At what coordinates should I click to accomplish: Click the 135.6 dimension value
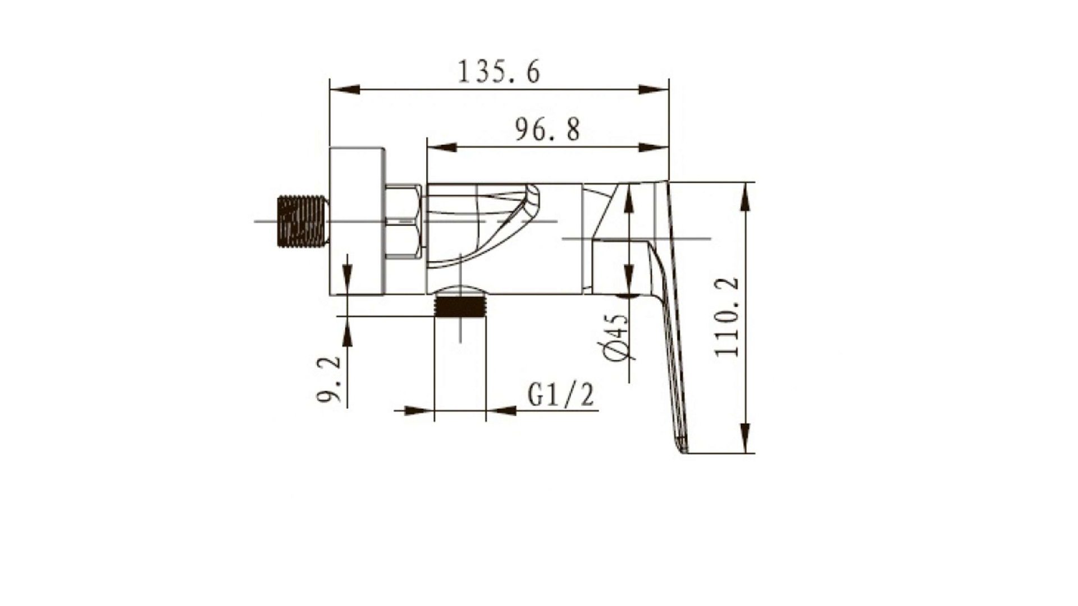coord(499,72)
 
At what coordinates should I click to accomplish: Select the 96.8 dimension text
coord(547,130)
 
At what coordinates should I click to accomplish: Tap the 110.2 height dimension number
coord(727,317)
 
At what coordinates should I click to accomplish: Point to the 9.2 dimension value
coord(330,379)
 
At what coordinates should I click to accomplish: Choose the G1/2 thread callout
coord(560,394)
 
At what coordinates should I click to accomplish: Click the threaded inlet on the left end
coord(302,221)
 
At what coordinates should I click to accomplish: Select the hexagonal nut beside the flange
coord(403,222)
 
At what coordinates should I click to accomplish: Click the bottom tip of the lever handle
coord(683,451)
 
